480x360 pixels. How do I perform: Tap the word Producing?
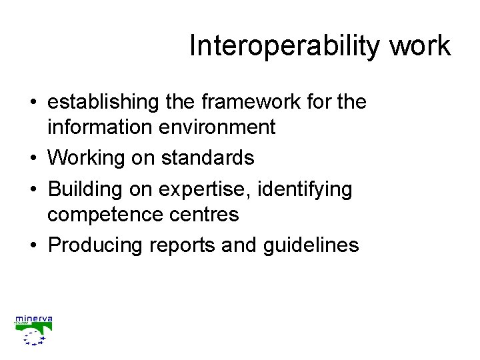[96, 245]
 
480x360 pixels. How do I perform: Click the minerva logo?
[33, 330]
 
